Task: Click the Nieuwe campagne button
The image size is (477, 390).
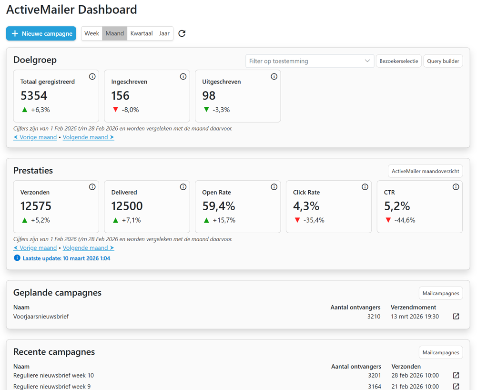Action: tap(41, 33)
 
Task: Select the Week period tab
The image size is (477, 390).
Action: tap(91, 33)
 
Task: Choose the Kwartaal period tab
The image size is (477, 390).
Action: tap(142, 33)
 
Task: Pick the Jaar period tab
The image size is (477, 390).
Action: tap(164, 33)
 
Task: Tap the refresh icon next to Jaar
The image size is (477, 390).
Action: tap(182, 33)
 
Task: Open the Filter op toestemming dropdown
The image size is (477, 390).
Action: tap(310, 61)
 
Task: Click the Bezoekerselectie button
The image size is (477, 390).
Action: tap(398, 61)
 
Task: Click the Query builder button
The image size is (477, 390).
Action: tap(443, 61)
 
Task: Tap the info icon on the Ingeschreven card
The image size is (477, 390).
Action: tap(183, 76)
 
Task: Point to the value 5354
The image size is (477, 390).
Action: tap(34, 96)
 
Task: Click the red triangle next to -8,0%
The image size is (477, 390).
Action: tap(115, 109)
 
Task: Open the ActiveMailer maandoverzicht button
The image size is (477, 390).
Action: tap(425, 171)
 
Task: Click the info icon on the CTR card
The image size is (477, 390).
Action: tap(456, 187)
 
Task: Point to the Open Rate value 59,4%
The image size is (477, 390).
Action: tap(219, 206)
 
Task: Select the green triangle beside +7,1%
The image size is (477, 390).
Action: tap(115, 220)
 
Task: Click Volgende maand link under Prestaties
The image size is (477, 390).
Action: tap(88, 248)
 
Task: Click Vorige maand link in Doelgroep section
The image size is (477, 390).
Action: tap(35, 137)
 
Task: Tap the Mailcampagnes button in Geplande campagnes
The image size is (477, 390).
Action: tap(441, 293)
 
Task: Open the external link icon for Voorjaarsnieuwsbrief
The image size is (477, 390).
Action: tap(456, 316)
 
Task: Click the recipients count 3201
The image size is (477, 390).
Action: tap(375, 375)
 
